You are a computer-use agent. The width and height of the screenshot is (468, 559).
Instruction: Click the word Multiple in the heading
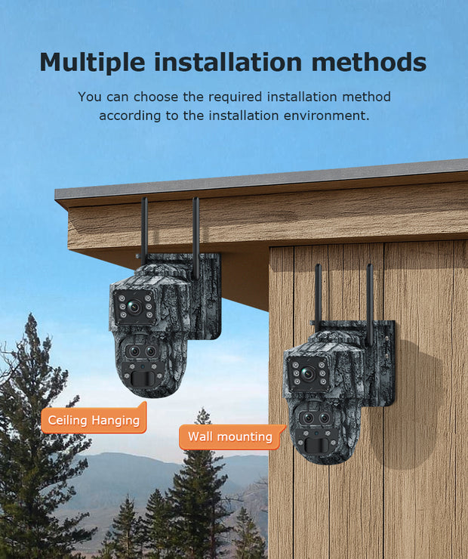tap(93, 63)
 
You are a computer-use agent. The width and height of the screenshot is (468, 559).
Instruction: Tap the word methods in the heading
tap(368, 62)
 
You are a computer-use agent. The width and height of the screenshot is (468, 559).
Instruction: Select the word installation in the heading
tap(228, 62)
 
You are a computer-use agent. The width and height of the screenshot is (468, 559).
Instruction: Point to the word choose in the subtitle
tap(155, 97)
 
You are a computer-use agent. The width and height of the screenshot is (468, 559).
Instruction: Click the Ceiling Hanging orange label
tap(94, 418)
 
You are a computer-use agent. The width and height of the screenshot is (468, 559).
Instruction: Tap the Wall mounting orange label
tap(232, 437)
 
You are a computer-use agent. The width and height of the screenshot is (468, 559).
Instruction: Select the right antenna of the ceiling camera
tap(196, 238)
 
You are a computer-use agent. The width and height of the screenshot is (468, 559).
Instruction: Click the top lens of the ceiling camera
tap(134, 307)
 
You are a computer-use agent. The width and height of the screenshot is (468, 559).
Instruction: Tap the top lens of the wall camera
tap(308, 374)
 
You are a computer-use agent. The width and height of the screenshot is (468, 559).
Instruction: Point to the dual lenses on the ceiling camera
tap(142, 351)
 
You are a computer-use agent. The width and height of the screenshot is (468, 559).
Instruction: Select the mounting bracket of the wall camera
tap(381, 362)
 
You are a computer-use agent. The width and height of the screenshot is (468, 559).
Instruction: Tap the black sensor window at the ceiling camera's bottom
tap(142, 379)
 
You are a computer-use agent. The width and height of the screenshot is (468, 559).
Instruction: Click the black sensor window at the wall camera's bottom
tap(316, 445)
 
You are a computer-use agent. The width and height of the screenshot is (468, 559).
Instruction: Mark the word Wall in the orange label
tap(200, 437)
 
